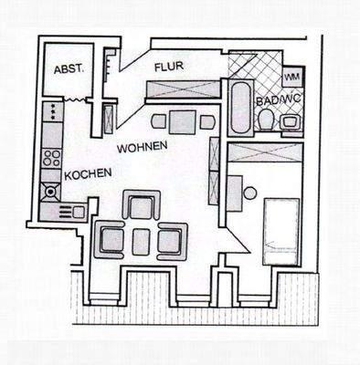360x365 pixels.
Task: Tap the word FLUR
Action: [x=169, y=67]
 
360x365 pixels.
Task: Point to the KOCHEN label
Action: [x=89, y=173]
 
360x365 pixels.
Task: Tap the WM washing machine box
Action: [x=293, y=77]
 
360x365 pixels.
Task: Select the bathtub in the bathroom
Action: [x=239, y=108]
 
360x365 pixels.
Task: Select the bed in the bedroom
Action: [x=281, y=223]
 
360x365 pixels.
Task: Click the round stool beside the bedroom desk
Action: [x=249, y=193]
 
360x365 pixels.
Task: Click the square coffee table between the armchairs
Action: [x=141, y=241]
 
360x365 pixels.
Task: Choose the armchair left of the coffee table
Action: [x=111, y=241]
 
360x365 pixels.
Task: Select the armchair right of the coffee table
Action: [x=170, y=241]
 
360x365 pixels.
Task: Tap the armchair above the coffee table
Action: [x=141, y=207]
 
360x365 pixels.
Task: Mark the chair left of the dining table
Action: [x=158, y=120]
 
